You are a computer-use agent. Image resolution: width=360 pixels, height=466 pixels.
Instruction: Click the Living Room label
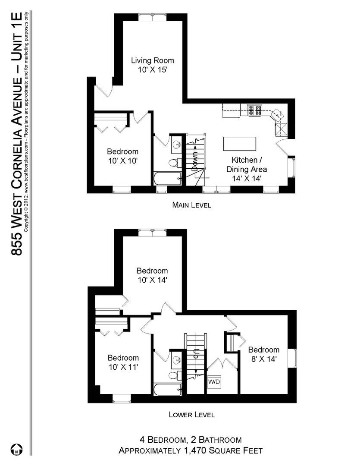point(153,65)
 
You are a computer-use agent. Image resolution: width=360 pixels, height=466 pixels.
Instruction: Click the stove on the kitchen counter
point(255,110)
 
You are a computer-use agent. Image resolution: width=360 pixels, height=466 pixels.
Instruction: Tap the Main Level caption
point(191,205)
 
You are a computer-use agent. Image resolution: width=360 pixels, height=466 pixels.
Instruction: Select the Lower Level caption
point(191,415)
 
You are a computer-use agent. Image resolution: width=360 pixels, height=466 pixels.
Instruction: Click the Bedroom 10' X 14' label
point(152,275)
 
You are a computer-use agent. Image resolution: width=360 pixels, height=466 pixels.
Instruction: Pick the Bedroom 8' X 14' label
point(263,354)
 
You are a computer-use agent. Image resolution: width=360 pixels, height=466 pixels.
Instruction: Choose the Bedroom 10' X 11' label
point(123,362)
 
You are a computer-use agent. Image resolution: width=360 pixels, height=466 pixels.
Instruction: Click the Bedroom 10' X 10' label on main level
point(123,156)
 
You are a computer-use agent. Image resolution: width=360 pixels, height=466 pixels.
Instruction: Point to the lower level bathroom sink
point(176,359)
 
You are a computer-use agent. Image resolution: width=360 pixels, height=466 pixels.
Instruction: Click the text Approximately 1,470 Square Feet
point(191,450)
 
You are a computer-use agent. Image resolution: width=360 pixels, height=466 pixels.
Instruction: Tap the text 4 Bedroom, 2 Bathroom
point(190,440)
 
